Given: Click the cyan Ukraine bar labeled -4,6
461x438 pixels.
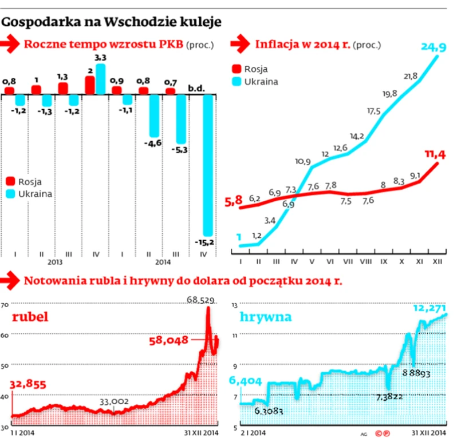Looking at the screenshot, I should point(154,115).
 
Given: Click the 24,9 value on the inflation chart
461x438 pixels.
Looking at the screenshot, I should point(434,47).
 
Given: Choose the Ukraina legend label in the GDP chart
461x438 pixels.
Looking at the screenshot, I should point(35,193).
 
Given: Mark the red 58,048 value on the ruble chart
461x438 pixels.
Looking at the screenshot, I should point(169,340).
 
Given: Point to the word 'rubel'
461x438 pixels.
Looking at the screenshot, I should point(29,317).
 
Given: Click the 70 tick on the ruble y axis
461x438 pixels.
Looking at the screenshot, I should point(4,305).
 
